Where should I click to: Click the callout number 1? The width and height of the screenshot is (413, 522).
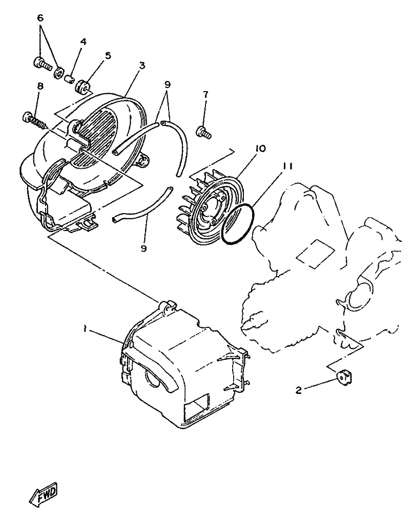click(x=85, y=329)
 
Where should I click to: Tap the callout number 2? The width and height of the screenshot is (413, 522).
click(x=299, y=390)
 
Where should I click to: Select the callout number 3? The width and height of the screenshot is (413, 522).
click(x=142, y=66)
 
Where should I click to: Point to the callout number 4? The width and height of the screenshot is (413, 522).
click(x=83, y=41)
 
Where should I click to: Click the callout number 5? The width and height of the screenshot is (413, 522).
click(x=108, y=55)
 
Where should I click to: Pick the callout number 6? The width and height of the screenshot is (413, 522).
click(x=40, y=18)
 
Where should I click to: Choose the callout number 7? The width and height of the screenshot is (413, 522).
click(x=205, y=95)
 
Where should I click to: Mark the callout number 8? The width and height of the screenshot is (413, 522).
click(x=40, y=86)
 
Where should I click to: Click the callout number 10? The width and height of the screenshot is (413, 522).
click(x=261, y=149)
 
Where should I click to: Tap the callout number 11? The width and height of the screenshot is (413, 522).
click(x=287, y=166)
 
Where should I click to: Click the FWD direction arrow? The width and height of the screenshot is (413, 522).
click(x=44, y=494)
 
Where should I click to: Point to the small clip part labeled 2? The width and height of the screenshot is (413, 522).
click(x=344, y=378)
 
